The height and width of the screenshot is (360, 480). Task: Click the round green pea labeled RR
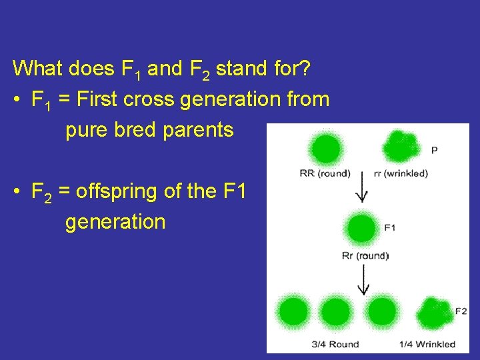pyautogui.click(x=326, y=148)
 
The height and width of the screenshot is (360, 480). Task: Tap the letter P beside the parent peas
pyautogui.click(x=434, y=151)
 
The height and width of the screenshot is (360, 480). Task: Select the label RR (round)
pyautogui.click(x=325, y=174)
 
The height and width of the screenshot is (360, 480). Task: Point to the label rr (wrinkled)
pyautogui.click(x=401, y=174)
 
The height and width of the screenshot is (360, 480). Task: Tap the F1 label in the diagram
pyautogui.click(x=390, y=227)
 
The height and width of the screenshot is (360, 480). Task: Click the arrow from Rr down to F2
pyautogui.click(x=362, y=279)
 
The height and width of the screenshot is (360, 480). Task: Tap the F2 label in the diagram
pyautogui.click(x=461, y=311)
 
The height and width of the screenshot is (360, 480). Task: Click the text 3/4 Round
pyautogui.click(x=335, y=344)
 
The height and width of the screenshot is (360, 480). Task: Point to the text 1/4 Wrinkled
pyautogui.click(x=427, y=344)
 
